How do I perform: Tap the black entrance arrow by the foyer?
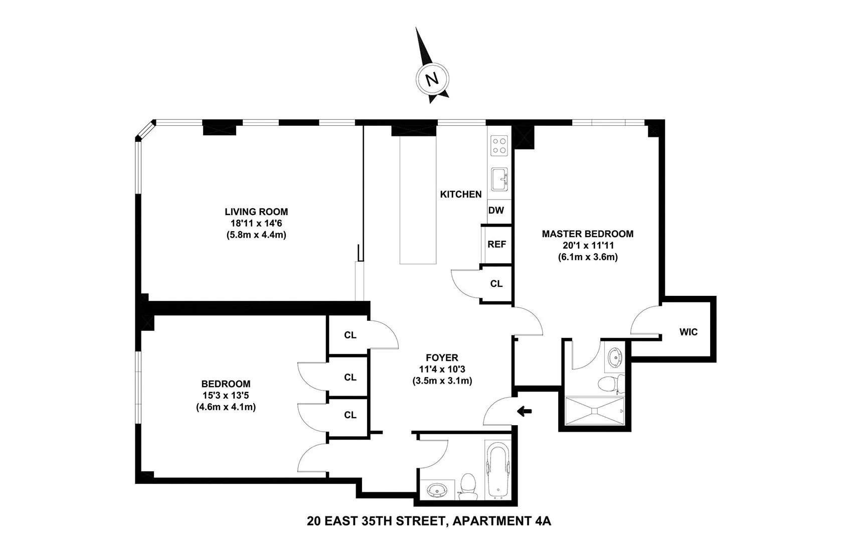pos(524,412)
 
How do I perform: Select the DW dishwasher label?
pos(496,210)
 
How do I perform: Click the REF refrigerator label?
pos(496,244)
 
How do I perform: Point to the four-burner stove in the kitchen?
pos(499,145)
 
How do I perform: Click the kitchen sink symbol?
pos(499,179)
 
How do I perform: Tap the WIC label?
pos(688,332)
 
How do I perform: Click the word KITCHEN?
pos(460,194)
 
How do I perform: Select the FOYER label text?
pos(442,357)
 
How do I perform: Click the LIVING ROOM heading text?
pos(256,212)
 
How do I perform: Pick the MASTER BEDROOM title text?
pos(587,234)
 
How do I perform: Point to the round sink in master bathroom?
pos(614,357)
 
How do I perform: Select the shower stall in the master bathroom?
pos(594,411)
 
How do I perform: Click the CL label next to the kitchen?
pos(496,284)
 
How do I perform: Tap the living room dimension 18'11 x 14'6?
pos(256,223)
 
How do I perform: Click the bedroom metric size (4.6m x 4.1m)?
pos(226,407)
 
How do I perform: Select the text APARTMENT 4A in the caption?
pos(501,521)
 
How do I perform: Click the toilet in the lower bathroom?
pos(469,485)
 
